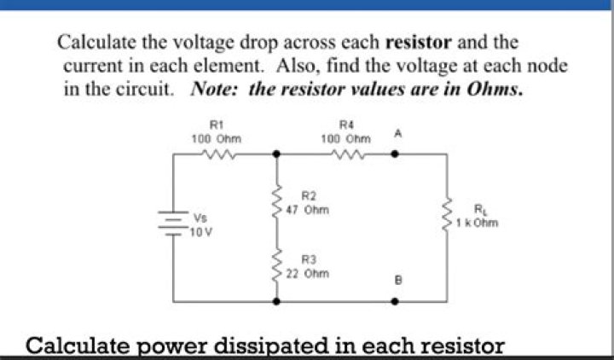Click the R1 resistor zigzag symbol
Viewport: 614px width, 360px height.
tap(217, 154)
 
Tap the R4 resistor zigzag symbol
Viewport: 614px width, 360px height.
tap(348, 154)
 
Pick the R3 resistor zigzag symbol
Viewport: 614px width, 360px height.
tap(277, 264)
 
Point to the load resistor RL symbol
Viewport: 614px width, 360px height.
tap(447, 215)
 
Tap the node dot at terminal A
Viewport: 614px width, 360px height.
tap(395, 154)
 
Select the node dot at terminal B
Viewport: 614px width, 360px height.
tap(395, 302)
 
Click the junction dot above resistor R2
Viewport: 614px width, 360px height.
tap(276, 154)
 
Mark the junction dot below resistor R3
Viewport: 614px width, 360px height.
tap(276, 302)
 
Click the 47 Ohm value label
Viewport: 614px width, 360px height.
tap(307, 211)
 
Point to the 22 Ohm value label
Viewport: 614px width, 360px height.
tap(307, 274)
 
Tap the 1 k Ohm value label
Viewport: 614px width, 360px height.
tap(477, 224)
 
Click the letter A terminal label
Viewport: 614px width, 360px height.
tap(398, 134)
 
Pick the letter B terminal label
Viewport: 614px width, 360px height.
tap(398, 281)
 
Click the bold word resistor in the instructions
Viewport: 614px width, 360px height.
tap(419, 42)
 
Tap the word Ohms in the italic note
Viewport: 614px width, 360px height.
tap(494, 90)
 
